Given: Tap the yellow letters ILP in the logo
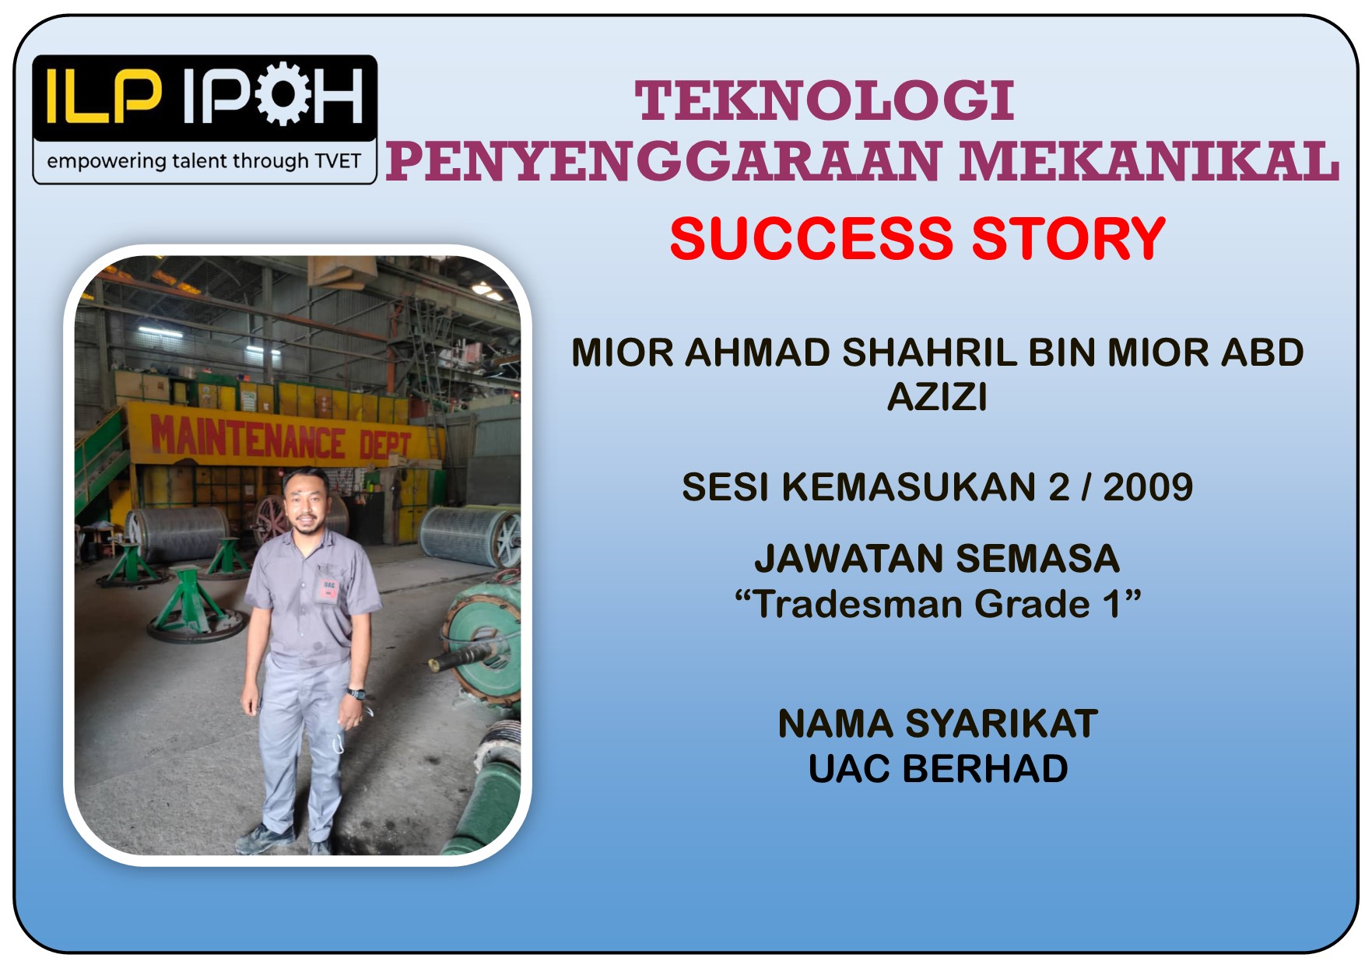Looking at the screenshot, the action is (x=104, y=96).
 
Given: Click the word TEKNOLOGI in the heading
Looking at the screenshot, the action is (x=824, y=101).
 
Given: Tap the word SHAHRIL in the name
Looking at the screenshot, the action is (x=930, y=353).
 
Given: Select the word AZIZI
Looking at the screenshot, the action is (x=938, y=397).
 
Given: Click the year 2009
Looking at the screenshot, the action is (x=1148, y=487).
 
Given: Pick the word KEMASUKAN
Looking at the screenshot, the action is (x=910, y=487).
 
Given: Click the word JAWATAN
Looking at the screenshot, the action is (x=850, y=559).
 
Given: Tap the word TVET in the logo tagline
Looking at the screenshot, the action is (x=338, y=161).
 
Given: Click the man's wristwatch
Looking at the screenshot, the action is (x=356, y=693).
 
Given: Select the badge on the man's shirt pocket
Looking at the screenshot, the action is (x=328, y=589).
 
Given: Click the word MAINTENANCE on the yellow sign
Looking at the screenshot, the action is (x=247, y=437).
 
